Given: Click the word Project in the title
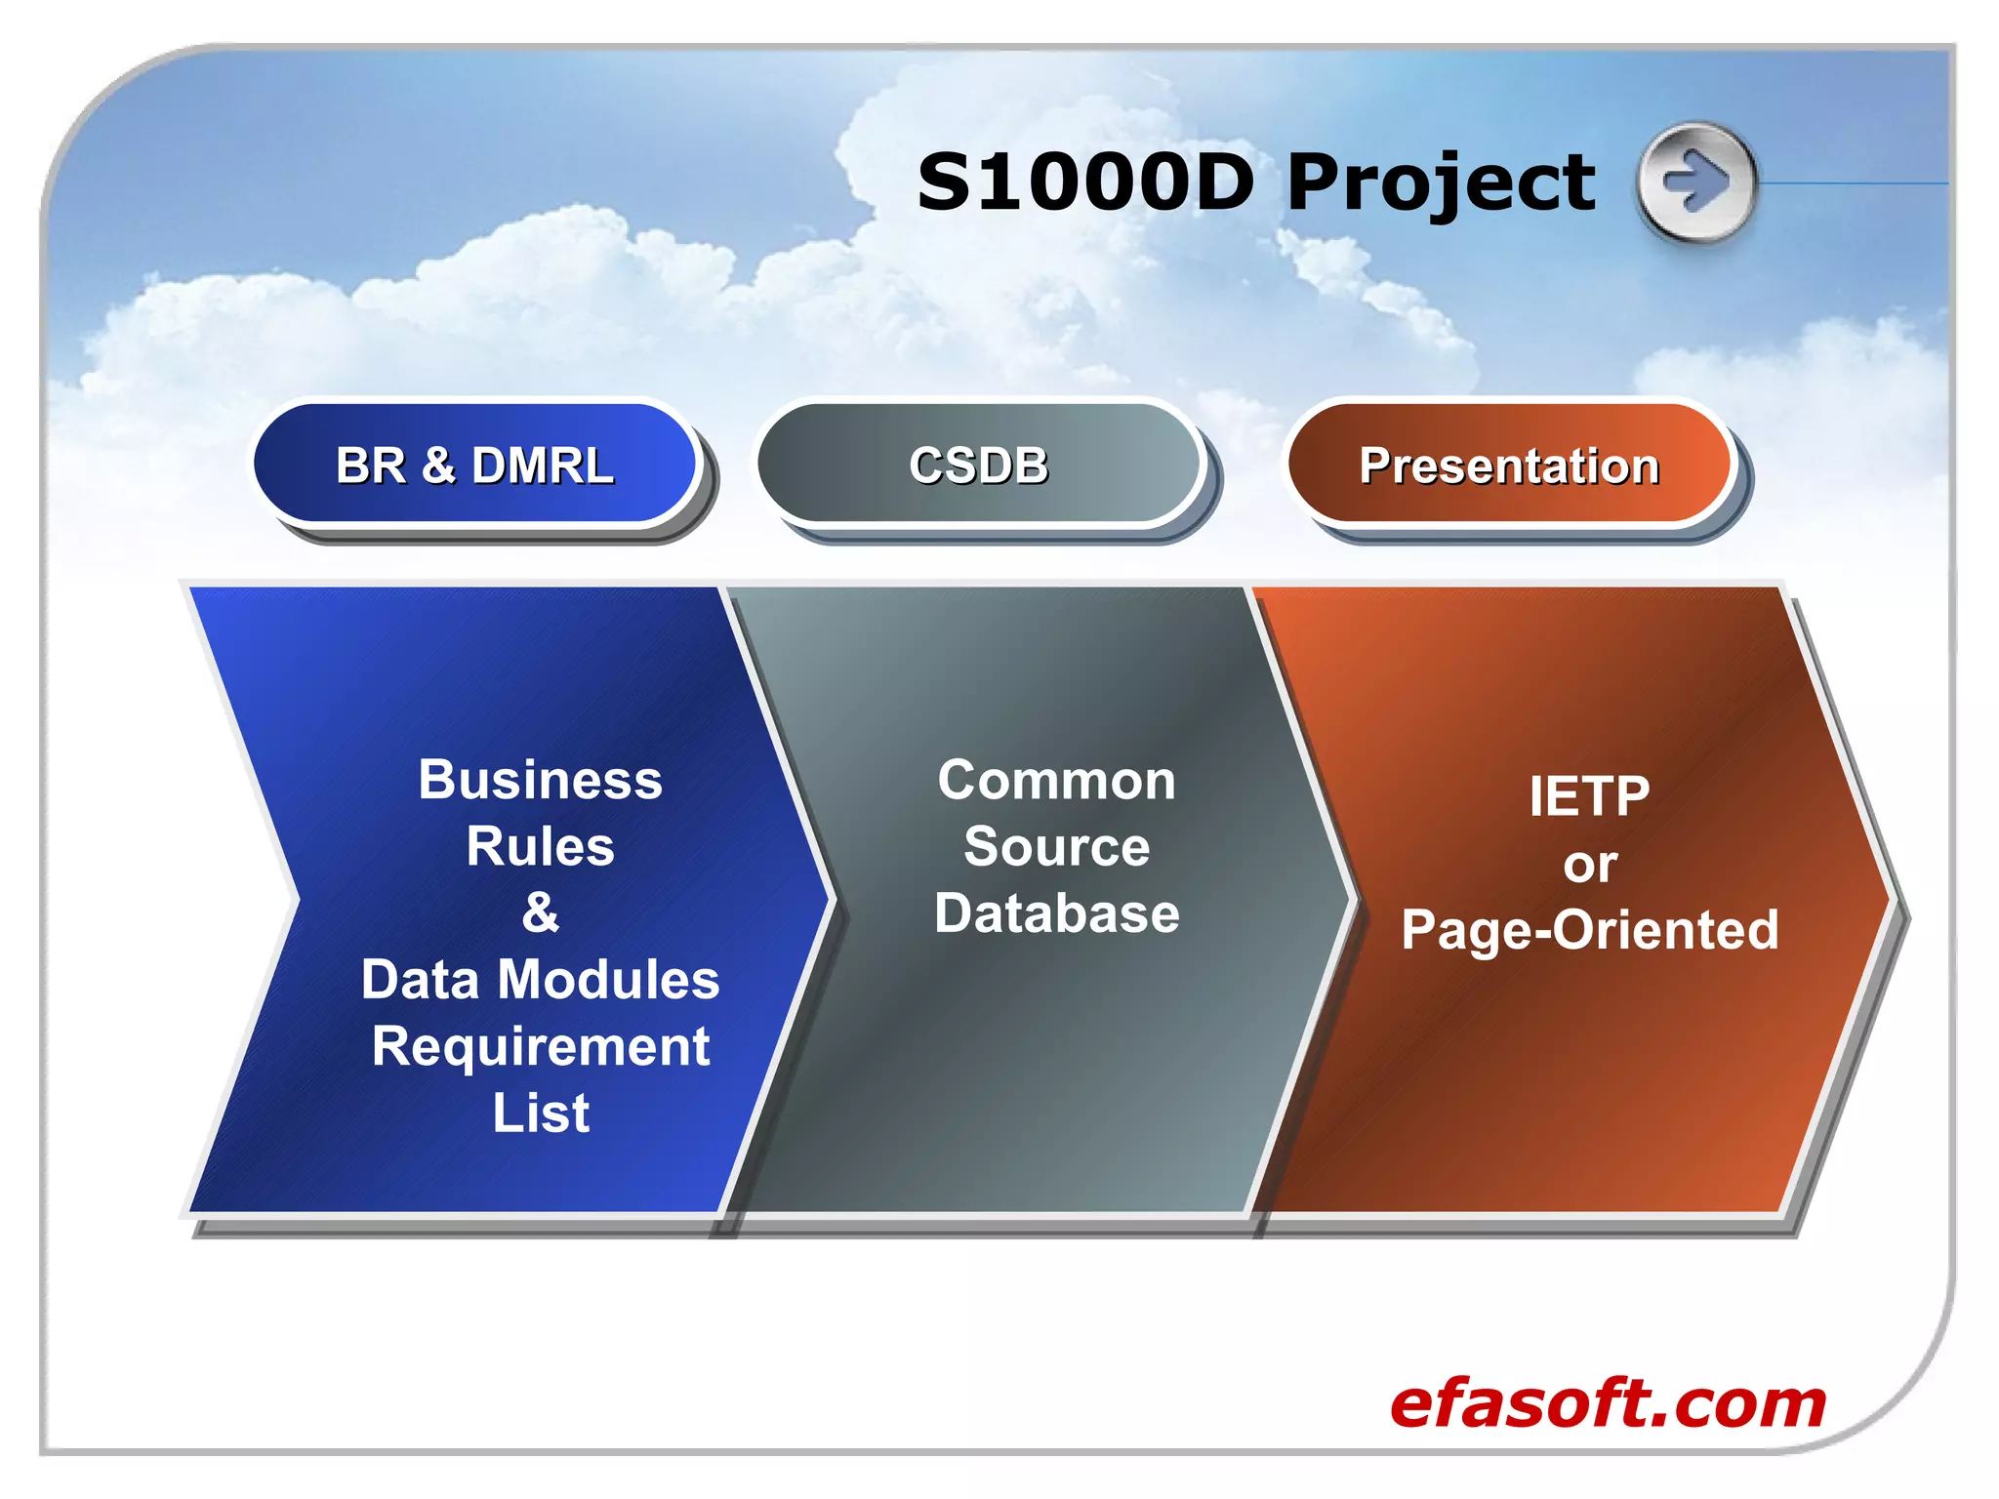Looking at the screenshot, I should tap(1441, 185).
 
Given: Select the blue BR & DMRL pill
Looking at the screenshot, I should tap(475, 465).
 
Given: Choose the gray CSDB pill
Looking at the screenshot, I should tap(979, 465).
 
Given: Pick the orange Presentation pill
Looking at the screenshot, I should tap(1509, 466).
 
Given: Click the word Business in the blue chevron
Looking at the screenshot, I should tap(540, 780).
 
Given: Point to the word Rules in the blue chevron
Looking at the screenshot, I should tap(540, 846).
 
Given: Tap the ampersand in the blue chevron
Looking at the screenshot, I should tap(540, 912).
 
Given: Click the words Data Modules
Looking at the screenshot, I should tap(540, 979).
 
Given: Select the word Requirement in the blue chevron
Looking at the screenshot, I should tap(540, 1046).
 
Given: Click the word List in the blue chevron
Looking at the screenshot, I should tap(540, 1113).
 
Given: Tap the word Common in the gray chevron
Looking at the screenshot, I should tap(1057, 781).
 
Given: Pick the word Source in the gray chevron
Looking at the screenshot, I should tap(1057, 846).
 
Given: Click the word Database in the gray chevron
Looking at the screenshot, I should tap(1057, 913).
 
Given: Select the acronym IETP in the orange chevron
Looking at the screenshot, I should tap(1589, 796).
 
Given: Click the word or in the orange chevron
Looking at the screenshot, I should tap(1589, 865).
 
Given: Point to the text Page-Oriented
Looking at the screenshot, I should tap(1589, 929).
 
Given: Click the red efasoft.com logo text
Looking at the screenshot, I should tap(1607, 1403).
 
